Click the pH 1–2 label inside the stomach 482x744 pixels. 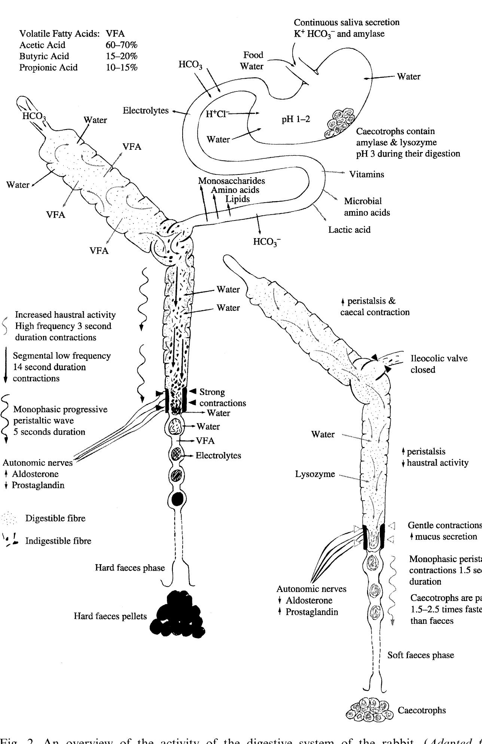point(296,119)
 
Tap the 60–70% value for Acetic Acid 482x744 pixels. point(122,45)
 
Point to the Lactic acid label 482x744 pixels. point(349,230)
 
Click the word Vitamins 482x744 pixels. point(366,174)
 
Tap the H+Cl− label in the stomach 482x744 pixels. point(217,114)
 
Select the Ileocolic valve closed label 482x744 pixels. point(439,364)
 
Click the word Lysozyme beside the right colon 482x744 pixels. point(315,474)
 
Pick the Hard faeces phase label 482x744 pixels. point(130,568)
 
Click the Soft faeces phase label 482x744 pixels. point(421,655)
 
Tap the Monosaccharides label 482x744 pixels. point(231,181)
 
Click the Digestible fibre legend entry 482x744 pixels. point(55,518)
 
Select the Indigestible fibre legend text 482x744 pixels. point(58,541)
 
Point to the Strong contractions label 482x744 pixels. point(222,397)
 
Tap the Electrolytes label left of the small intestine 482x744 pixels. point(146,111)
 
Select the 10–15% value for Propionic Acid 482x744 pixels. point(122,67)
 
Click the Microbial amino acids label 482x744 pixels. point(366,207)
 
